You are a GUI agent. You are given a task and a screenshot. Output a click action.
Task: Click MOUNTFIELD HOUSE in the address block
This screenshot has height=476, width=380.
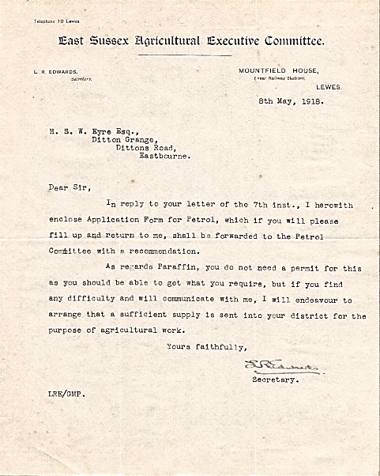(276, 71)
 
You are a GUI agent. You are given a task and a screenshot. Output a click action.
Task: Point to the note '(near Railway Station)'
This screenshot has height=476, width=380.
(281, 79)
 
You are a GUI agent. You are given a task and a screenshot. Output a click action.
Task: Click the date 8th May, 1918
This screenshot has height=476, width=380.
(290, 101)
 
